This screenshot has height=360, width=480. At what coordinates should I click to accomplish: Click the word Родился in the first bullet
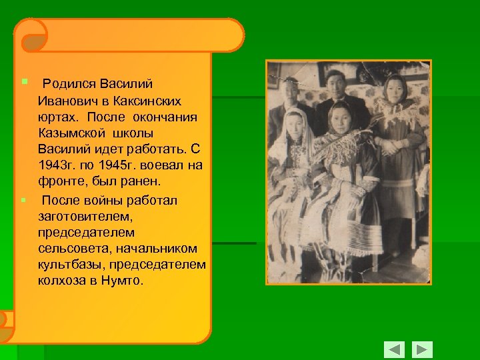[x=69, y=84]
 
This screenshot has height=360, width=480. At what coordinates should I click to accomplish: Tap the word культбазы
[x=66, y=265]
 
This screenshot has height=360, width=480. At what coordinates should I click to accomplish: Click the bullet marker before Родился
[x=24, y=82]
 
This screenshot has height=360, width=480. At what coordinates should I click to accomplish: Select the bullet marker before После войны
[x=24, y=199]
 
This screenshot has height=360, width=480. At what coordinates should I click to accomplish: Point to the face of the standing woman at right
[x=395, y=87]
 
